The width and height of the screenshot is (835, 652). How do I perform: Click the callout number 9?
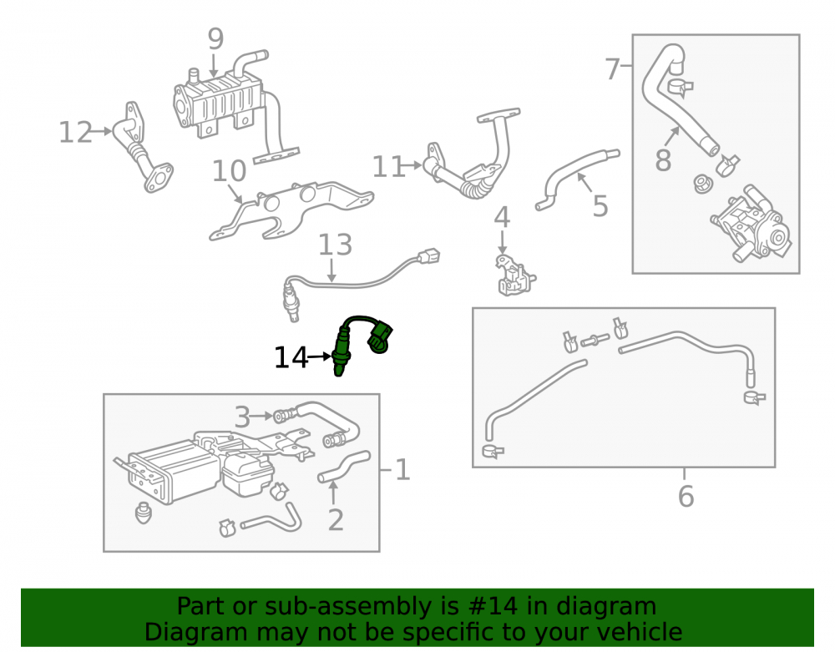click(215, 39)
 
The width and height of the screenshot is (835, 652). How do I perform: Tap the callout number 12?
click(75, 132)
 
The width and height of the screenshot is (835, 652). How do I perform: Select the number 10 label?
click(229, 171)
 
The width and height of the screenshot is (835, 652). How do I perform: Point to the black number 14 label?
click(291, 357)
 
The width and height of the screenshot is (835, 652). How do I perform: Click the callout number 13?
click(336, 245)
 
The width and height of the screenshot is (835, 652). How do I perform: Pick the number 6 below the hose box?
click(686, 496)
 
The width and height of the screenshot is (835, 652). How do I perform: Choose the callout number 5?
click(600, 206)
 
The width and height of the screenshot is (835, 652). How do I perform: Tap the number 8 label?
click(662, 160)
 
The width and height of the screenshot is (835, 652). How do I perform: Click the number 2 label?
click(336, 520)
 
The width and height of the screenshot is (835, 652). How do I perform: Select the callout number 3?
click(242, 417)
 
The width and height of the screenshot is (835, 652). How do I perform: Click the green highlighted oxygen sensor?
click(362, 343)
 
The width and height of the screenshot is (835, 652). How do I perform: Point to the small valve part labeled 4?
click(514, 275)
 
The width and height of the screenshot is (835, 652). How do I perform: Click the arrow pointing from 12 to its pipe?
click(102, 131)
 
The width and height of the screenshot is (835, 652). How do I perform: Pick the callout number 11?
click(388, 167)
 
